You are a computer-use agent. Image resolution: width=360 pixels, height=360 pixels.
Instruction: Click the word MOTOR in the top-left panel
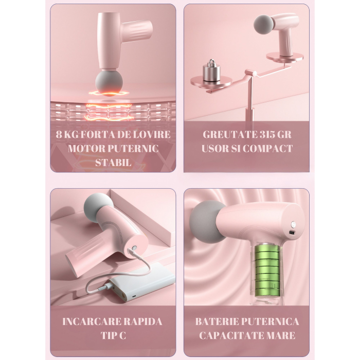pyautogui.click(x=82, y=149)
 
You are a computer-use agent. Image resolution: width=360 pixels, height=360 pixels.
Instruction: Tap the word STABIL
pyautogui.click(x=113, y=163)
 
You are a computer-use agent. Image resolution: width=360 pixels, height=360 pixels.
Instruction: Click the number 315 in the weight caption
pyautogui.click(x=261, y=135)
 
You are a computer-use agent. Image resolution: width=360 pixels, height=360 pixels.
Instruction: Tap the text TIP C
pyautogui.click(x=113, y=335)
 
